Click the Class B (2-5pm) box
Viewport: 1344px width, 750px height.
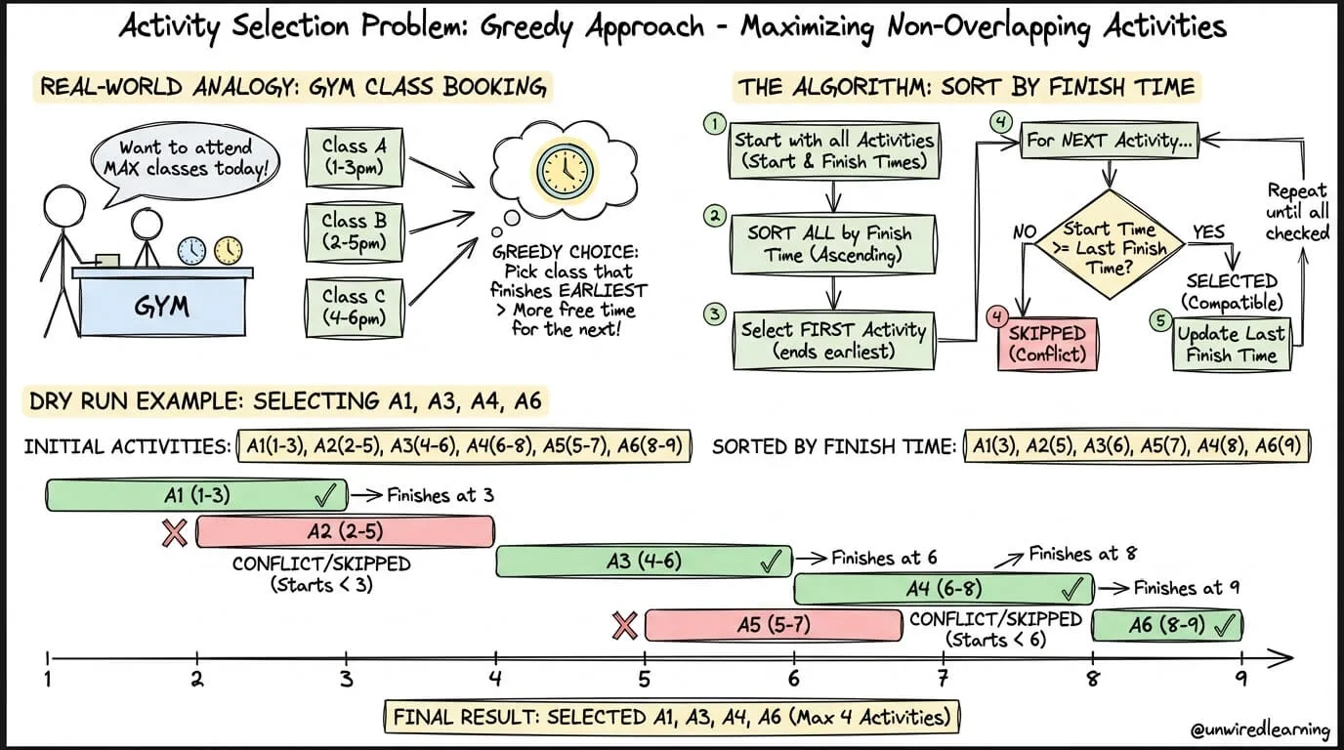tap(354, 232)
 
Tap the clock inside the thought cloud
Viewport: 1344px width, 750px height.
tap(565, 170)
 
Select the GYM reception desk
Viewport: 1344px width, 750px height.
tap(162, 301)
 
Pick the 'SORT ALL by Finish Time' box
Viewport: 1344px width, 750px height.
tap(833, 244)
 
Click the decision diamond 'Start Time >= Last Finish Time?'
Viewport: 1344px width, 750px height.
tap(1110, 245)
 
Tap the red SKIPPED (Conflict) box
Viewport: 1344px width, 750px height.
tap(1048, 345)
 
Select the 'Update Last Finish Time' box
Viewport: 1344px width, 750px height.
tap(1232, 345)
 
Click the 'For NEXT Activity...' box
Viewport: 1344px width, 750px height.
tap(1110, 141)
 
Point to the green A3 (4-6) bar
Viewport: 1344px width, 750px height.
tap(644, 561)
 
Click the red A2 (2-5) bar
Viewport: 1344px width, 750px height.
tap(346, 531)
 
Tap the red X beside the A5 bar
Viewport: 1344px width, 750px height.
tap(624, 625)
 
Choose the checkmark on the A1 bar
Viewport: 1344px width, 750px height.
tap(326, 496)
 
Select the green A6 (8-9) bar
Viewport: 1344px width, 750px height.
tap(1167, 625)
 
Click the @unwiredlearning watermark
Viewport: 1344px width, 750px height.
tap(1259, 729)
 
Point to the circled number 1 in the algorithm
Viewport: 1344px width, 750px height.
tap(714, 125)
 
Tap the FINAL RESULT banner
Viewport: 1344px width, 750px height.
tap(671, 717)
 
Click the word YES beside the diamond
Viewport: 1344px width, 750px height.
tap(1208, 231)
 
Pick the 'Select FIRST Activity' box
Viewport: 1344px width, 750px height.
tap(833, 340)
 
